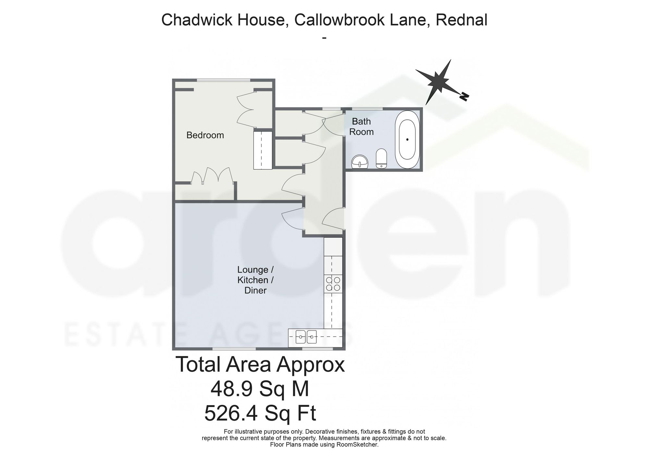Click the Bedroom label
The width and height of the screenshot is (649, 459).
(x=205, y=135)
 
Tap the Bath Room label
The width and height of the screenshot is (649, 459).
(x=361, y=127)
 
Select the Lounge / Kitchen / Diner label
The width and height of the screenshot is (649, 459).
(x=255, y=280)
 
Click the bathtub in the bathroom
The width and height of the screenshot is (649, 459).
(x=407, y=140)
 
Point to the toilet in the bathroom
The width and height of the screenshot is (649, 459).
(x=381, y=159)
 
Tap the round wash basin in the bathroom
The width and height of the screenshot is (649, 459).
(x=360, y=161)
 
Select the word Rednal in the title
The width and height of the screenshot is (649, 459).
(x=461, y=20)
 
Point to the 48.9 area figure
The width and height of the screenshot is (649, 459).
(x=231, y=389)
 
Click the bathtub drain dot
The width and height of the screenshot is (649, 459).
(x=407, y=140)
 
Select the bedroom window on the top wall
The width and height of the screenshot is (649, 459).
(x=224, y=80)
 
